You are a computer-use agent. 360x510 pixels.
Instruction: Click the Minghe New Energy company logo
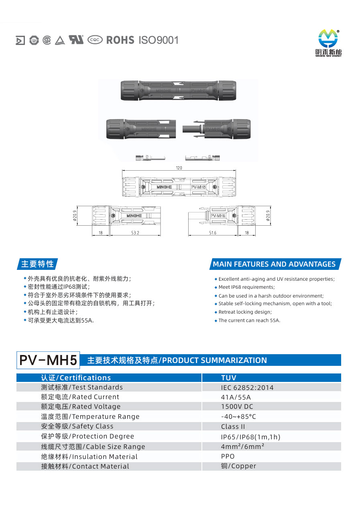(x=328, y=43)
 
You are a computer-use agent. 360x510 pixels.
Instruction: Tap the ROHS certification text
(x=120, y=40)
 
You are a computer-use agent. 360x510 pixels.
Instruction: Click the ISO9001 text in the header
(x=159, y=40)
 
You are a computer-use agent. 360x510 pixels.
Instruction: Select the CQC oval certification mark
(x=95, y=40)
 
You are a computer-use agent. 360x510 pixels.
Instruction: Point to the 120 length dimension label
(x=179, y=168)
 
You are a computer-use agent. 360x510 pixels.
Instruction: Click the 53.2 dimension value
(x=135, y=233)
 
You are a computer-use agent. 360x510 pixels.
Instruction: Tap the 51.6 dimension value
(x=213, y=233)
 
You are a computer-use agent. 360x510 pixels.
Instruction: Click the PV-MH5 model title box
(x=48, y=360)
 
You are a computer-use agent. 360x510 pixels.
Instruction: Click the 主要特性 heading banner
(x=37, y=264)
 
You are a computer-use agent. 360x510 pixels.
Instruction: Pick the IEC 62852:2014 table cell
(x=247, y=388)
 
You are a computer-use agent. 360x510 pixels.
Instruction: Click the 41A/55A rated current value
(x=236, y=397)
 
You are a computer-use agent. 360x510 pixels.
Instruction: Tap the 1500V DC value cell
(x=237, y=407)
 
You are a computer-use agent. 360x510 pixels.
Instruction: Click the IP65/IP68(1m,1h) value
(x=250, y=437)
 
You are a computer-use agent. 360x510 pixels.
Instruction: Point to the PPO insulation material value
(x=228, y=456)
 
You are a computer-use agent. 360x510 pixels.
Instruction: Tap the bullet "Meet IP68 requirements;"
(x=245, y=287)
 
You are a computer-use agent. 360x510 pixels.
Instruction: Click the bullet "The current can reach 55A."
(x=247, y=320)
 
